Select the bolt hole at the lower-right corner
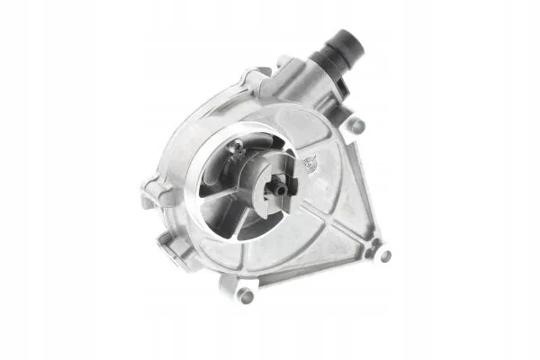(384, 255)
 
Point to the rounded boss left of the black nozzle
(283, 65)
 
